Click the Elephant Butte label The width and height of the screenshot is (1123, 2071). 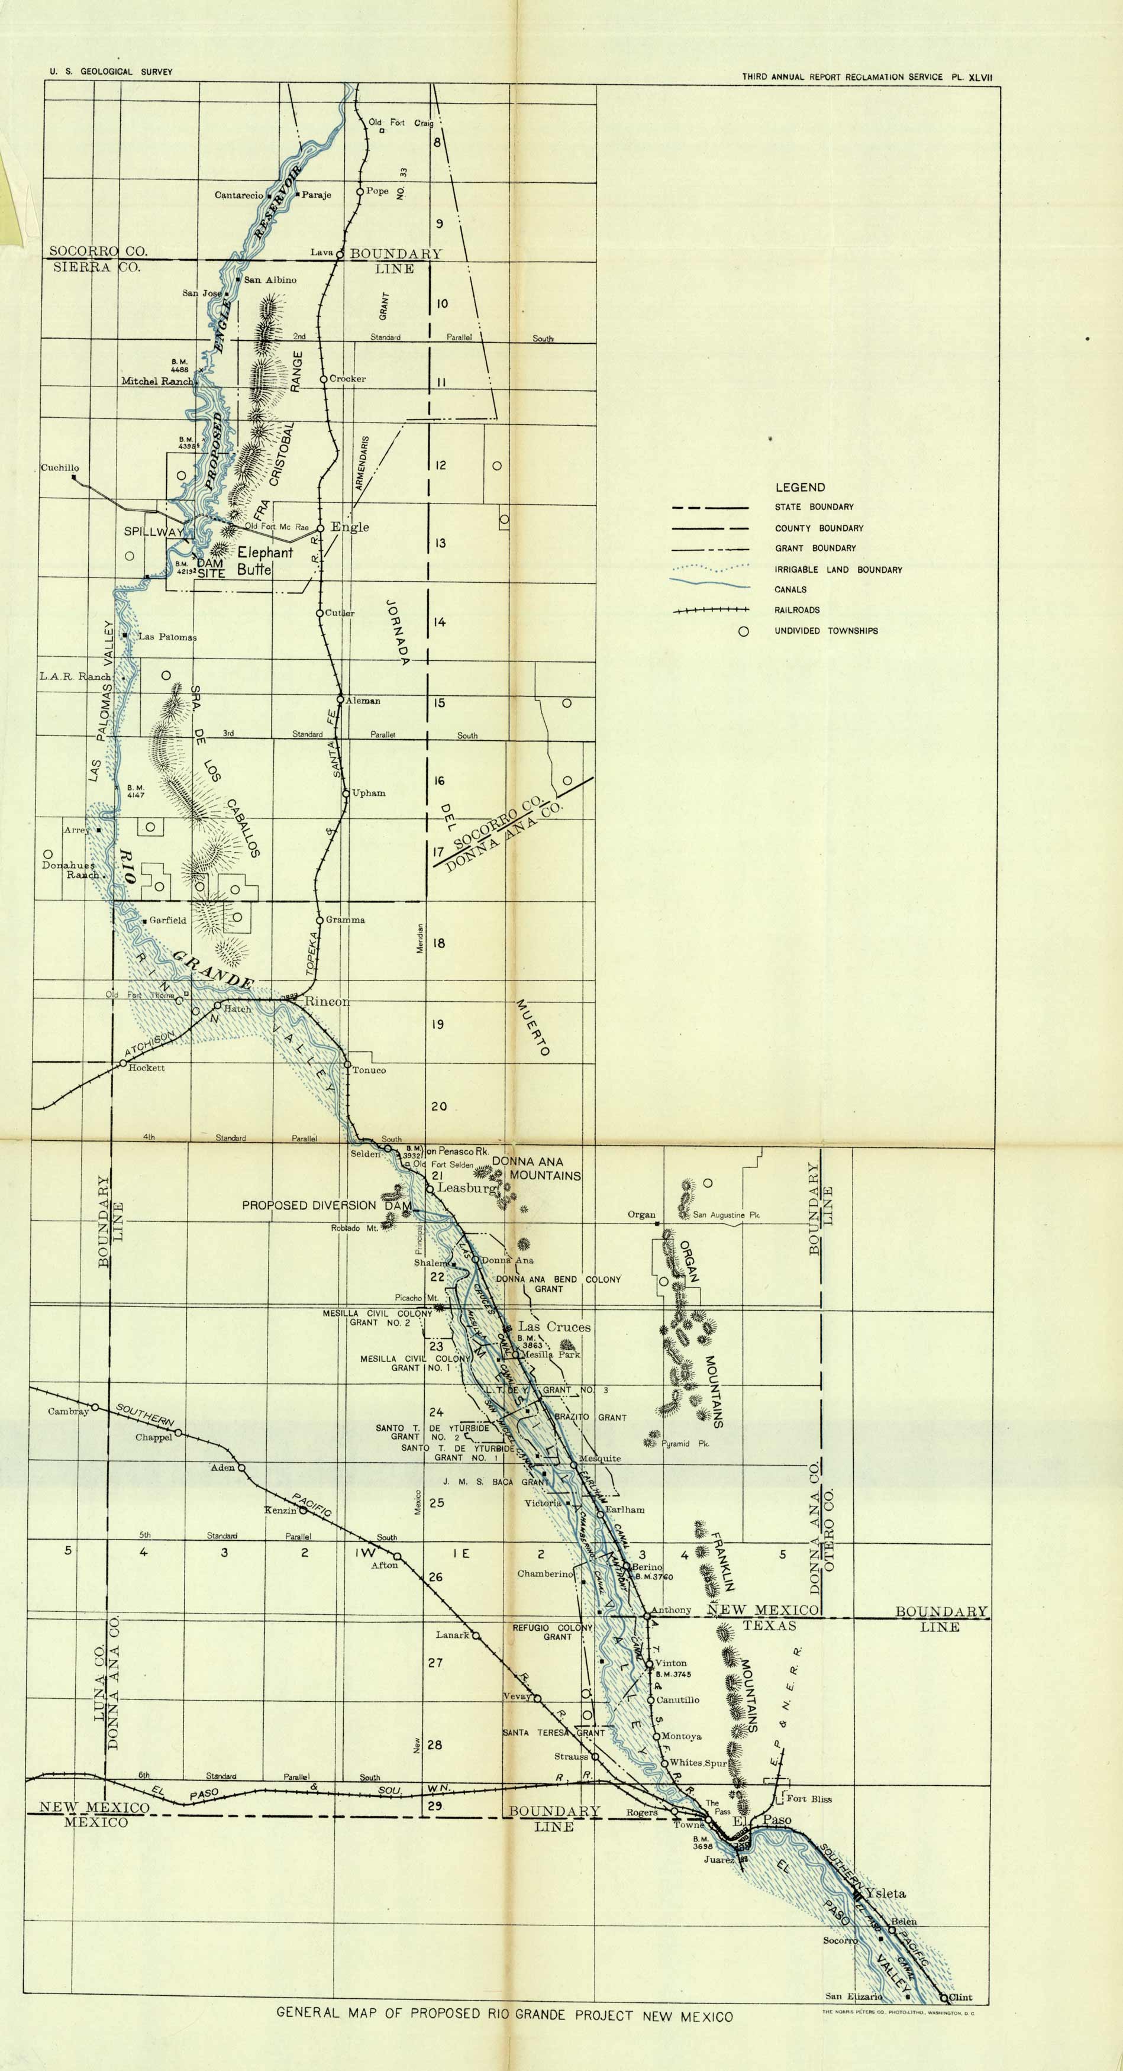tap(264, 561)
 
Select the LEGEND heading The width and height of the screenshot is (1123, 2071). tap(800, 487)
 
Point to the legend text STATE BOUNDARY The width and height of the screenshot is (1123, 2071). tap(814, 507)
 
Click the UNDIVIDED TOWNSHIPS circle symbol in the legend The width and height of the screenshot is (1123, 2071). tap(744, 631)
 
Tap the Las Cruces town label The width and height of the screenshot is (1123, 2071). tap(554, 1327)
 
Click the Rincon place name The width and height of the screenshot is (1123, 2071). tap(327, 1002)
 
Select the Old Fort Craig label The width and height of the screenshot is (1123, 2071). tap(401, 123)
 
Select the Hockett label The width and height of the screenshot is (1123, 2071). tap(146, 1067)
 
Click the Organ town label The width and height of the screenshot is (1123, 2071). tap(641, 1215)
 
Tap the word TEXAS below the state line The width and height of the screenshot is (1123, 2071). tap(769, 1625)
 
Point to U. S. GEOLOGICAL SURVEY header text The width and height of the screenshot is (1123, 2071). tap(111, 72)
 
